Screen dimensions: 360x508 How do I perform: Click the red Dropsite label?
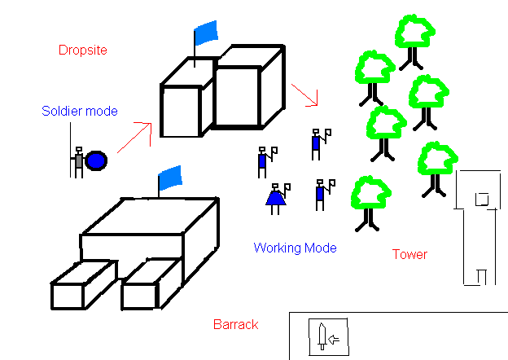pos(83,50)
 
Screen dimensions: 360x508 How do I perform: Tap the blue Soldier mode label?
pos(80,111)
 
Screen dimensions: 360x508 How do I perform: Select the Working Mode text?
pos(295,248)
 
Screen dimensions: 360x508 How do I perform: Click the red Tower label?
pos(409,254)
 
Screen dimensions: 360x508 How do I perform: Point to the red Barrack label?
pos(235,324)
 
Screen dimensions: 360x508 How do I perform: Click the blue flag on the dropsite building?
pos(207,33)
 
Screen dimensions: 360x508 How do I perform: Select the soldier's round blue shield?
pos(97,161)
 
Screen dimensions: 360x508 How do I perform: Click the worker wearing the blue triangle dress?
pos(276,196)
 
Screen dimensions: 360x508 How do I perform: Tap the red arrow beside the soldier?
pos(135,136)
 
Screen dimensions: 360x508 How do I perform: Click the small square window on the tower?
pos(481,198)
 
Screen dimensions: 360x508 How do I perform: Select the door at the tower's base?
pos(480,277)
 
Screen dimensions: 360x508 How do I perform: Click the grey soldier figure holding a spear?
pos(78,160)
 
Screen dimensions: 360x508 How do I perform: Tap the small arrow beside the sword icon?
pos(334,336)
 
